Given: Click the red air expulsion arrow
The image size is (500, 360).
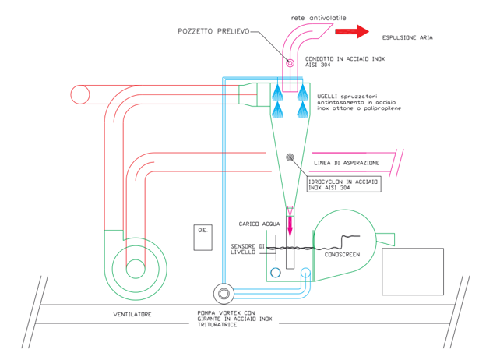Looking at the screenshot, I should [351, 32].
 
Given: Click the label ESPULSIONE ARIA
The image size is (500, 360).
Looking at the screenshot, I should [407, 37].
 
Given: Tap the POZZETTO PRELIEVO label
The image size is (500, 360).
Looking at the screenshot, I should [211, 31].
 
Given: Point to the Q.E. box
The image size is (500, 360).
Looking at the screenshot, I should [202, 237].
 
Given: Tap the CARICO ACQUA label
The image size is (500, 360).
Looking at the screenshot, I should [258, 224].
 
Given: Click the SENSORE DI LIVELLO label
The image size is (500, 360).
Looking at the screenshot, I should [248, 249].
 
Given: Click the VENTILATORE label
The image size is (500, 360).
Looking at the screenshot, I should [132, 314].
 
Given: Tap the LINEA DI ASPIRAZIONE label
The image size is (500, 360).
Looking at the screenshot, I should [347, 162].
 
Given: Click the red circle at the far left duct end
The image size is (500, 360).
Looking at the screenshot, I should [79, 94].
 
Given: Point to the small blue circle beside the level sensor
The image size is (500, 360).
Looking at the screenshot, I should [275, 273].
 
